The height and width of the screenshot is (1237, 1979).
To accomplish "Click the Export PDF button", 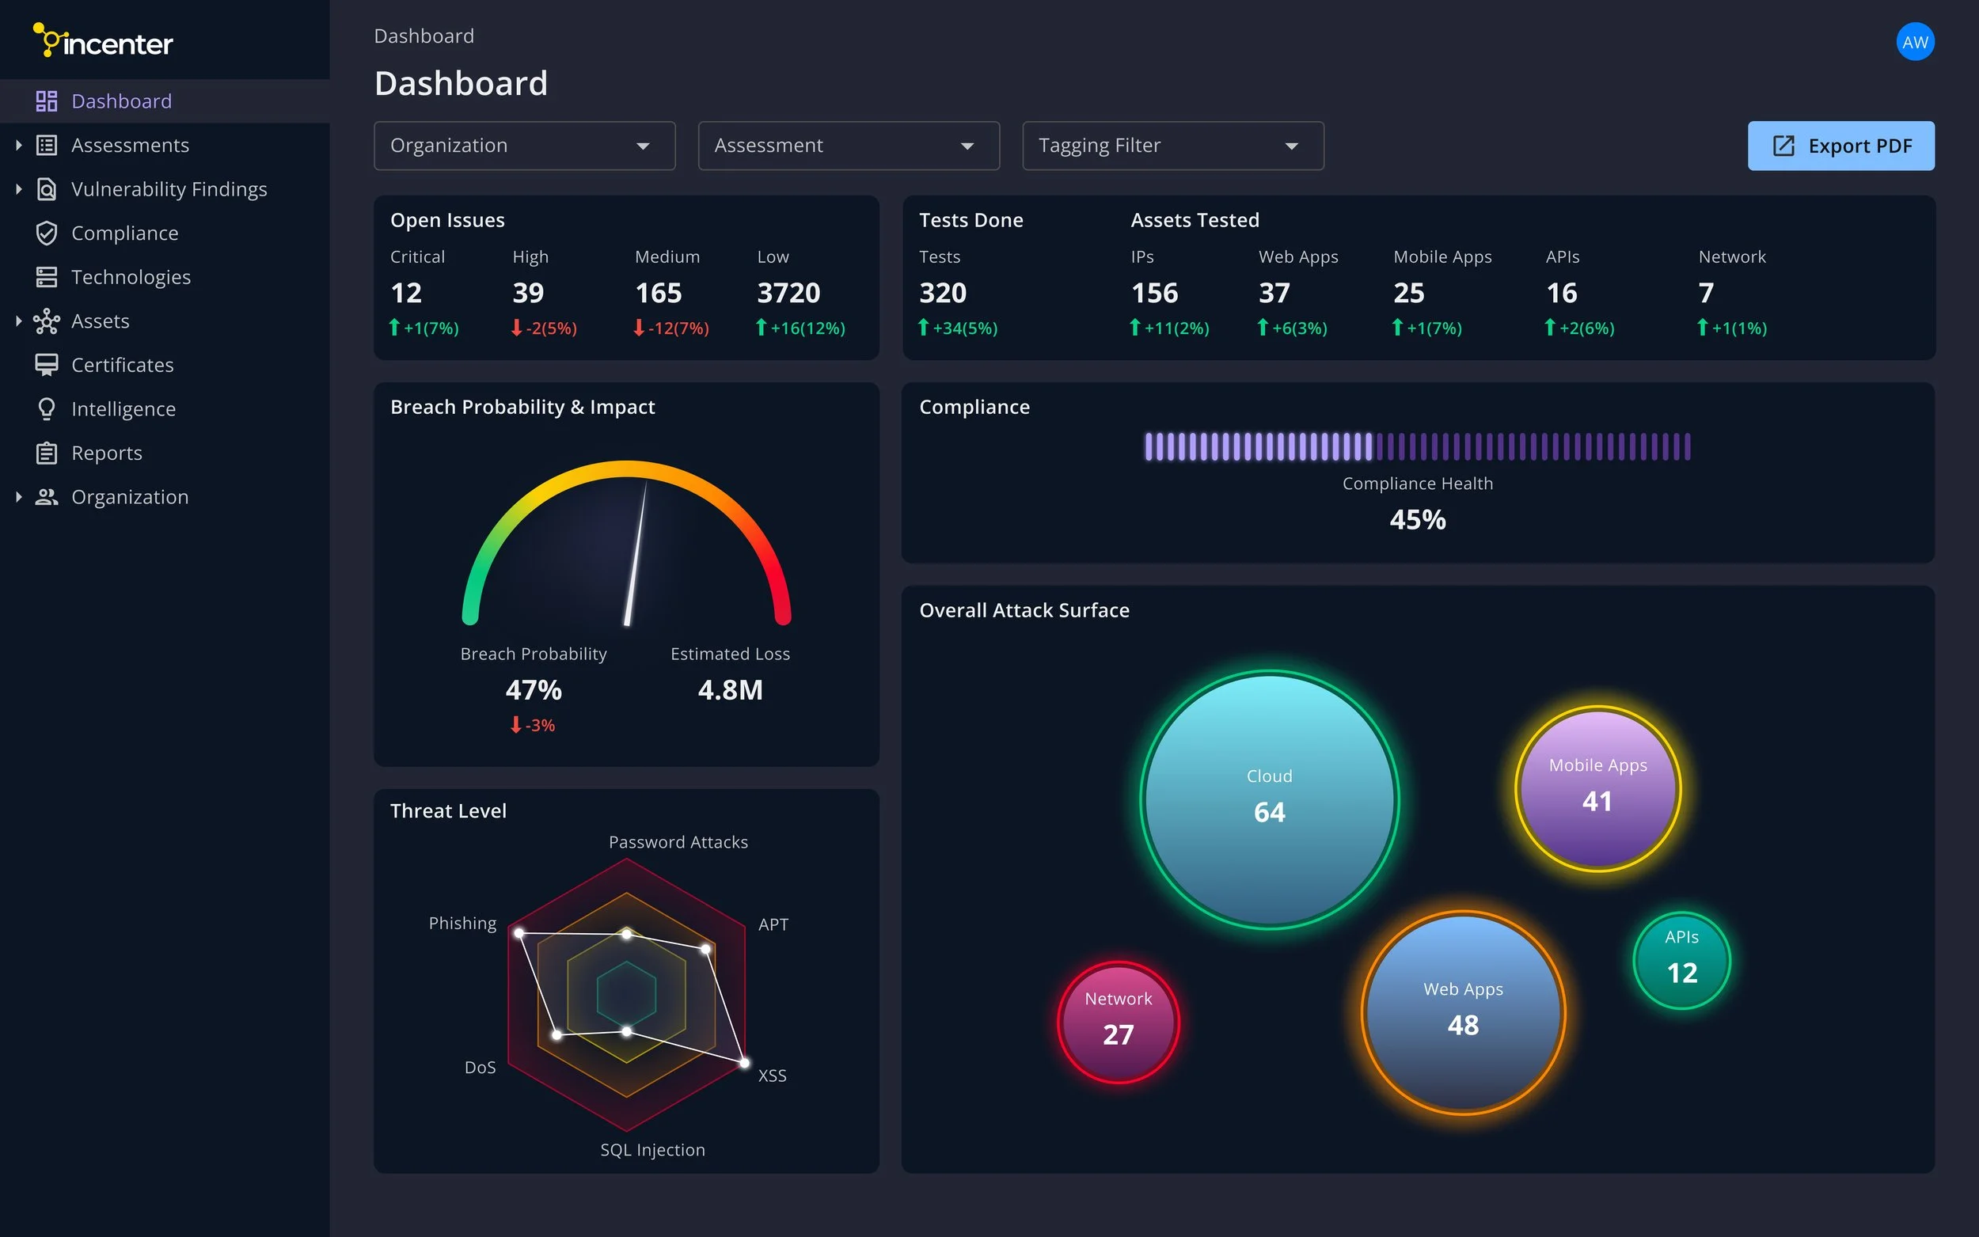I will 1840,146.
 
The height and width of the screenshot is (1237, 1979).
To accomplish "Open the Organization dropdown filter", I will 523,146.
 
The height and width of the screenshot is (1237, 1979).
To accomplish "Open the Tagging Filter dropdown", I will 1172,146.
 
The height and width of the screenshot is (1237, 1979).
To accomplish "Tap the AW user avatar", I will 1914,43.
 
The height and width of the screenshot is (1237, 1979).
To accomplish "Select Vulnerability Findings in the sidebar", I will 169,189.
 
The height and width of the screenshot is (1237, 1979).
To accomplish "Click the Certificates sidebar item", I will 122,365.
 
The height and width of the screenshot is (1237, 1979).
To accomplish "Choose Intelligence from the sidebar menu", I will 123,409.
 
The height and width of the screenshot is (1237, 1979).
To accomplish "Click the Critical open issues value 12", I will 406,293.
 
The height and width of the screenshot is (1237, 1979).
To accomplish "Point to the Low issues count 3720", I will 788,293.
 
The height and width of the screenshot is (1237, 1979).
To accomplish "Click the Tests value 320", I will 943,293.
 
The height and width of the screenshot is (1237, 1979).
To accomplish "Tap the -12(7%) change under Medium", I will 671,328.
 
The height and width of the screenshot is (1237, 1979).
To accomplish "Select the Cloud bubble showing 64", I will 1269,799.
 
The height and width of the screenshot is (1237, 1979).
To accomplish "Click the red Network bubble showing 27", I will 1118,1022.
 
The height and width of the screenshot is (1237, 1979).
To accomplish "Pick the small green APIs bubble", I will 1681,960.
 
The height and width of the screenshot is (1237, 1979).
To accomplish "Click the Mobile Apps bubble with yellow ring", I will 1597,787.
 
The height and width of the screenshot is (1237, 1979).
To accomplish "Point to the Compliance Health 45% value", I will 1417,519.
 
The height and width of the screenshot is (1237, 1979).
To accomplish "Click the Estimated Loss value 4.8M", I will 730,689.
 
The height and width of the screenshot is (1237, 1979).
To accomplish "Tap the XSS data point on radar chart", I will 743,1063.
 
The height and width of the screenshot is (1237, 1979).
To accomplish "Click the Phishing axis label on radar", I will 462,923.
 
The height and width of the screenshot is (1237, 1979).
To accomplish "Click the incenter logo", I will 103,41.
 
